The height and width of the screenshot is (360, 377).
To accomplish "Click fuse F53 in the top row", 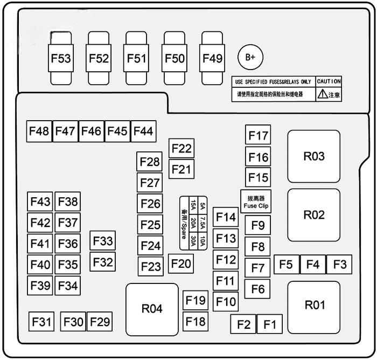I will (x=61, y=58).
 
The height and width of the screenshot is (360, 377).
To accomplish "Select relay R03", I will (x=314, y=157).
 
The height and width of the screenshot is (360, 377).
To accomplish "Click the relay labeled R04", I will (x=152, y=309).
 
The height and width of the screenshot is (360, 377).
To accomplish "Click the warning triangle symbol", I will (x=322, y=94).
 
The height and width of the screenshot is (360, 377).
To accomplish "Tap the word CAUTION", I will (x=329, y=81).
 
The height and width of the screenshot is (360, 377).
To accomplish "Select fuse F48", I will (x=39, y=131).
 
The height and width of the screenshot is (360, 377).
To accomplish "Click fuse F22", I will (x=181, y=149).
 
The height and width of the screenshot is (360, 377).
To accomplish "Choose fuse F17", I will (x=258, y=136).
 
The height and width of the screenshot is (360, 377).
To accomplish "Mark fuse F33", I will (x=102, y=241).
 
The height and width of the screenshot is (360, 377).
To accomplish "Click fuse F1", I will (x=269, y=324).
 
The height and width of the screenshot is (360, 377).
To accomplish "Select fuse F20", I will (x=181, y=264).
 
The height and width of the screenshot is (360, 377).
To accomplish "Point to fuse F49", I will (x=212, y=58).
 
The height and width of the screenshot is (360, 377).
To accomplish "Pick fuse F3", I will (x=339, y=265).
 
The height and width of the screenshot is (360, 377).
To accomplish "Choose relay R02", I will (x=314, y=215).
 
